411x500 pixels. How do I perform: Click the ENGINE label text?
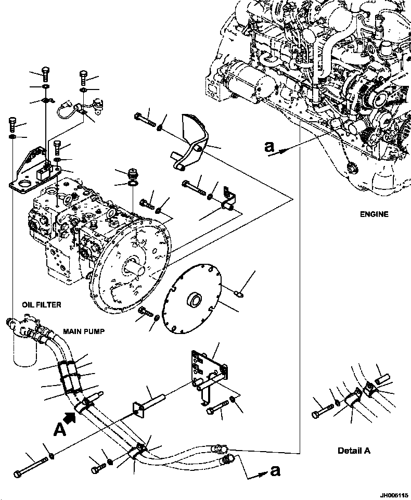[374, 214]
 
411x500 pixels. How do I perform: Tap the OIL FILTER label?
[41, 305]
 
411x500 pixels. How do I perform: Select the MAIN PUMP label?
[80, 331]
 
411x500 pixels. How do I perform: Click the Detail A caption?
[354, 451]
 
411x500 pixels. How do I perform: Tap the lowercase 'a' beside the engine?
[268, 148]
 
